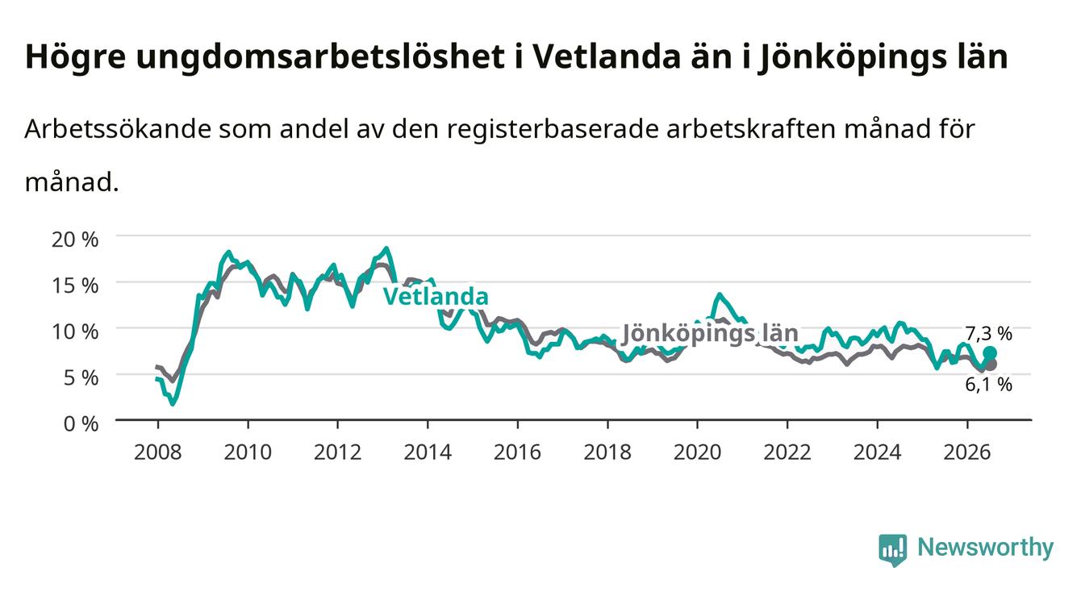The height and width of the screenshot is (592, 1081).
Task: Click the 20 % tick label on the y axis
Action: [x=75, y=240]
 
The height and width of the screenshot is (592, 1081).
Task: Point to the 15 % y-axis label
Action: [x=75, y=286]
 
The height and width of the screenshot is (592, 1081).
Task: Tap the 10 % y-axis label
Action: [x=75, y=332]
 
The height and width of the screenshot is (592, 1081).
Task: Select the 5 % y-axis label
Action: [x=81, y=377]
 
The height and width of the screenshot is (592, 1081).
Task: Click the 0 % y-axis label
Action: [x=81, y=424]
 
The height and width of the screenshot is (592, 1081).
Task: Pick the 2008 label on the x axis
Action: [x=158, y=452]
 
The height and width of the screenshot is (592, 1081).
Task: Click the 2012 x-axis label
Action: [x=337, y=452]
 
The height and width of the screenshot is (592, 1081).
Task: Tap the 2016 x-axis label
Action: [x=517, y=452]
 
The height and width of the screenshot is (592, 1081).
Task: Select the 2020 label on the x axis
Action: [x=697, y=452]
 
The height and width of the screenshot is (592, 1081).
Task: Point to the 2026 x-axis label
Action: [x=967, y=452]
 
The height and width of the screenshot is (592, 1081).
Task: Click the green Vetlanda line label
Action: [x=436, y=296]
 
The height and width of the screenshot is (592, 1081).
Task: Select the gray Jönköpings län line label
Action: [x=710, y=333]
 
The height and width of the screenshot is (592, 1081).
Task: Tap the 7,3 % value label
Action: [x=989, y=333]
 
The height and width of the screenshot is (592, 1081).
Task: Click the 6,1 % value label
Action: [x=989, y=385]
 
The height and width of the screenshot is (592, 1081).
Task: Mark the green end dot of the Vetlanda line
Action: [x=990, y=353]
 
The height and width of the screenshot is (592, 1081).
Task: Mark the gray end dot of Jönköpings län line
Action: [x=990, y=365]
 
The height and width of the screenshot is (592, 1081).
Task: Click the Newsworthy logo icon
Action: [x=893, y=550]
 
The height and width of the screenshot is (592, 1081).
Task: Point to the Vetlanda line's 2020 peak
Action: [x=719, y=294]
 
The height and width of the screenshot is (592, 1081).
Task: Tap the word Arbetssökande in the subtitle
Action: [x=118, y=129]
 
